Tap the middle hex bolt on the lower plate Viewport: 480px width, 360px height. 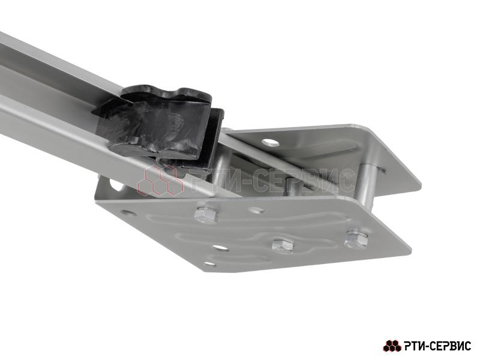pos(283,245)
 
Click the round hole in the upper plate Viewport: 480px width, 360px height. pos(271,142)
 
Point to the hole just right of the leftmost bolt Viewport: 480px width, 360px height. pos(257,211)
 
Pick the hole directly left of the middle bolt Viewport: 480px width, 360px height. pos(221,247)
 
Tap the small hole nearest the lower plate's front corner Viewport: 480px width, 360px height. pos(209,263)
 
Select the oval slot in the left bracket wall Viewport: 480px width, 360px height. pos(116,185)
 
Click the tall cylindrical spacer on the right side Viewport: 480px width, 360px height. pos(365,186)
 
